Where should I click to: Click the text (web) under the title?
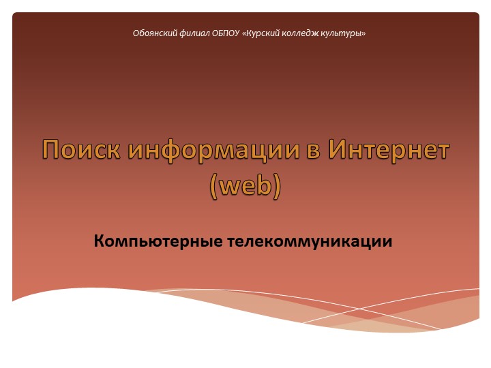tap(245, 186)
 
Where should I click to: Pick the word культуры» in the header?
tap(345, 33)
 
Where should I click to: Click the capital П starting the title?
tap(51, 150)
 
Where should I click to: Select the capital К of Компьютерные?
tap(100, 241)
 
